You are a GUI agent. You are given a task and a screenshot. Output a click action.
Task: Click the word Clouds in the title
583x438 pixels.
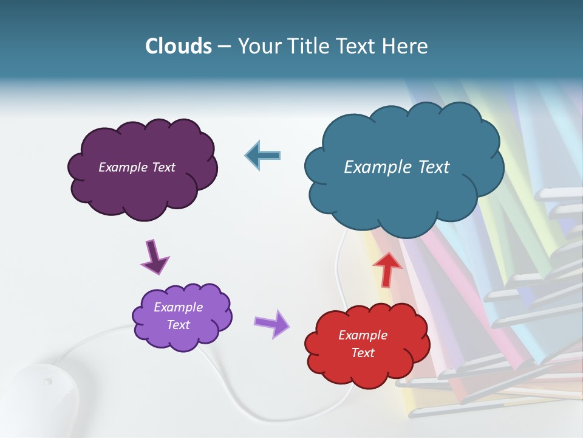coord(179,46)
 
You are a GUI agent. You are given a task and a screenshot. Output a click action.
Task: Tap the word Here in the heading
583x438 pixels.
coord(404,46)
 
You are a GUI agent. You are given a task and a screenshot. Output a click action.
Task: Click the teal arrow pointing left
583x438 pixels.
coord(263,155)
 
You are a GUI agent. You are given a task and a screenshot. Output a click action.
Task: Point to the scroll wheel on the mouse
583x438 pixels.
coord(47,382)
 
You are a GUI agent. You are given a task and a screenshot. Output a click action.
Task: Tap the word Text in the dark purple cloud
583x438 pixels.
coord(163,167)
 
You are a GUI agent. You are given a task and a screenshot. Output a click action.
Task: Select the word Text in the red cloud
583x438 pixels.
coord(363,353)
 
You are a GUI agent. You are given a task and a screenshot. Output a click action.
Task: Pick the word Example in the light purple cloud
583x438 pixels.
coord(178,307)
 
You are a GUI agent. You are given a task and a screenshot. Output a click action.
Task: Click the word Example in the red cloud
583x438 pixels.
coord(363,335)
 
